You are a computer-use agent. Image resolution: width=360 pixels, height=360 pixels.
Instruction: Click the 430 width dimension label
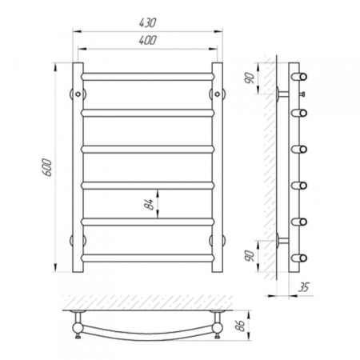tap(147, 22)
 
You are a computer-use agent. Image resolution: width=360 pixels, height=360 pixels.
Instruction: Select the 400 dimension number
tap(147, 40)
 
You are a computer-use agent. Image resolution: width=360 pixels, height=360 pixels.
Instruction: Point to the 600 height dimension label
tap(47, 167)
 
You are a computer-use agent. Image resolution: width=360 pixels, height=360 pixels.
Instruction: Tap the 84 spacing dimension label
tap(150, 204)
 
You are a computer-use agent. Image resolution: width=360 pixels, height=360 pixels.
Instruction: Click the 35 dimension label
tap(303, 287)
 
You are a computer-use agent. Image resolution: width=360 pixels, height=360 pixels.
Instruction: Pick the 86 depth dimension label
tap(241, 326)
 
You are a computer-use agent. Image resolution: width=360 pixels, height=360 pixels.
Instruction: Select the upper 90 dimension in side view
tap(250, 78)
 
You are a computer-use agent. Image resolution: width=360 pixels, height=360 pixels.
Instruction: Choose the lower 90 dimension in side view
tap(250, 256)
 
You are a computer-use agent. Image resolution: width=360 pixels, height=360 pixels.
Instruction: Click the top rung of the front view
tap(148, 77)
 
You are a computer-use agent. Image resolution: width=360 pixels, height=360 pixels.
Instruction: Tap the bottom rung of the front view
tap(148, 258)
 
